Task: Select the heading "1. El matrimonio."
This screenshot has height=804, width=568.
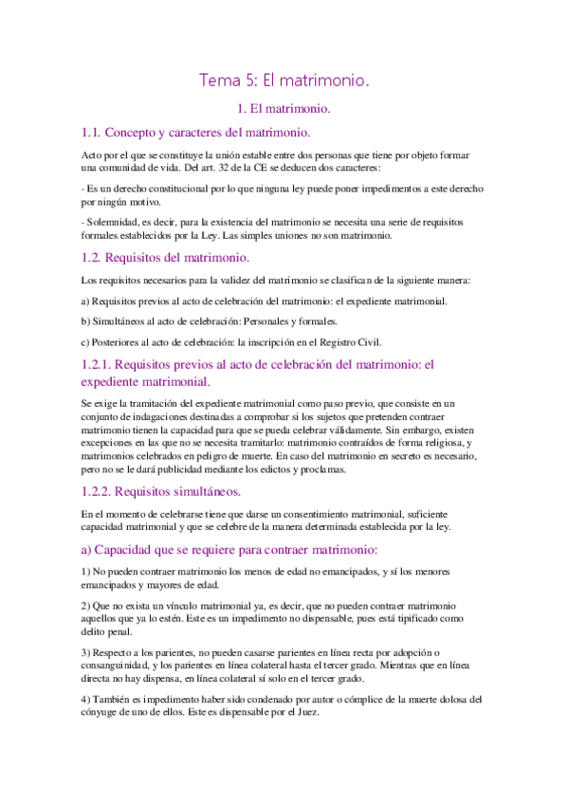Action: coord(284,111)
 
